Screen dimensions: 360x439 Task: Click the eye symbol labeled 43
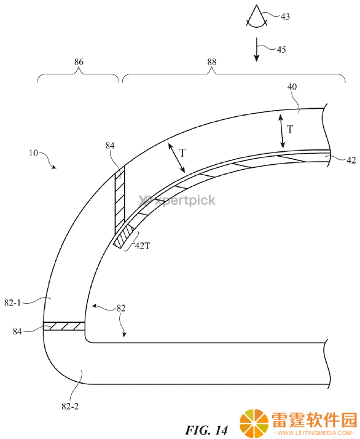(257, 17)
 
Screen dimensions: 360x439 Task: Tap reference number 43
(285, 17)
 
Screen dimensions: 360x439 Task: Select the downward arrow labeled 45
(256, 50)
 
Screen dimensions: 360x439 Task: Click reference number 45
(281, 50)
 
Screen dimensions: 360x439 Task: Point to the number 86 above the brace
(79, 62)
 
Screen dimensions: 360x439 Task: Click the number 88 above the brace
(212, 62)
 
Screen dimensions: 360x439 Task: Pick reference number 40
(292, 87)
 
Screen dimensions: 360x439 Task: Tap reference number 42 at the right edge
(351, 160)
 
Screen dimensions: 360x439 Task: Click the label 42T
(143, 246)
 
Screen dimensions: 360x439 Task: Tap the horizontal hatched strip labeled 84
(64, 326)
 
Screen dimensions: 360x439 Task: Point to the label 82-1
(12, 303)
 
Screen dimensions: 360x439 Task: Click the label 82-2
(70, 406)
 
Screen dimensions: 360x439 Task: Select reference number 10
(33, 153)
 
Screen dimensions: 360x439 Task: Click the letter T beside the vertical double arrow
(290, 130)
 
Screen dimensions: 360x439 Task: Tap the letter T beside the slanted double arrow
(182, 153)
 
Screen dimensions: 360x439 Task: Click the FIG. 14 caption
(206, 430)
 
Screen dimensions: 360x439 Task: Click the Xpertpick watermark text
(177, 200)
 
